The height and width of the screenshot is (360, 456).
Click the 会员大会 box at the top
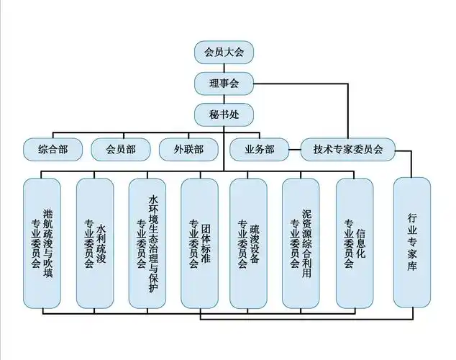tap(223, 52)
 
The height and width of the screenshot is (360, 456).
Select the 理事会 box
tap(223, 84)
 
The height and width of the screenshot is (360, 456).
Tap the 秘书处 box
tap(223, 115)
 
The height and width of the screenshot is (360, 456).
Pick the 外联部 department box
tap(188, 149)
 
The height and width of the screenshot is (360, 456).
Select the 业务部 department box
tap(259, 149)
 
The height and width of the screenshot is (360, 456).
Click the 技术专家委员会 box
tap(348, 149)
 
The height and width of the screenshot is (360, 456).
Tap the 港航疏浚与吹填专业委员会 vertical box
tap(42, 242)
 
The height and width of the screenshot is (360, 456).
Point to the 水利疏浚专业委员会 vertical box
tap(95, 242)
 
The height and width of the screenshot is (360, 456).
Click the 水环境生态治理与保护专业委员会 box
tap(147, 242)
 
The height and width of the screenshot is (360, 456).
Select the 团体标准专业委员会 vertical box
tap(199, 242)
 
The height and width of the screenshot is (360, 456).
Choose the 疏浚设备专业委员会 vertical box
tap(249, 242)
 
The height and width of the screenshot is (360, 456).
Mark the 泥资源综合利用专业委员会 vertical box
tap(301, 242)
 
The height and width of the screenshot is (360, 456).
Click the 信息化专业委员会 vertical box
tap(355, 242)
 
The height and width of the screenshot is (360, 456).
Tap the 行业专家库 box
tap(412, 242)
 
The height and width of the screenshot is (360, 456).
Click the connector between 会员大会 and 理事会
tap(223, 68)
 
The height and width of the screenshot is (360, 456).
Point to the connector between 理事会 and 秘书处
tap(223, 99)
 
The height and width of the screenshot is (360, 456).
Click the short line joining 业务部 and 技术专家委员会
tap(294, 150)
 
